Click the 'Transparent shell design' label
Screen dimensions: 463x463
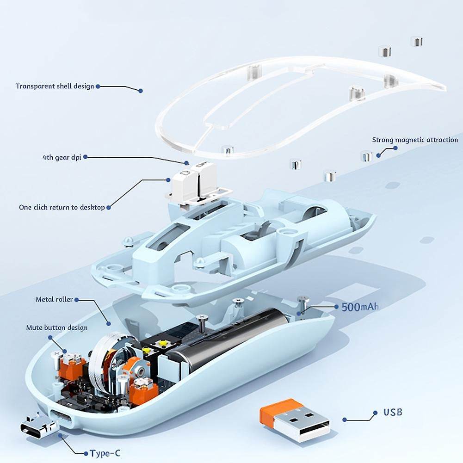pyautogui.click(x=55, y=86)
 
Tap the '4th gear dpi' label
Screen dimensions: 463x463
pyautogui.click(x=62, y=157)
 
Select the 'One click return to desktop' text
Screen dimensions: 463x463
pyautogui.click(x=62, y=207)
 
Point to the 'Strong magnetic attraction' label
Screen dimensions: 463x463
pyautogui.click(x=415, y=140)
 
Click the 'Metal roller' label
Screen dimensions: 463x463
pyautogui.click(x=54, y=299)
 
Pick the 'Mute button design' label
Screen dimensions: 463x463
pyautogui.click(x=57, y=328)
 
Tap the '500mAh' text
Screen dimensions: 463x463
pyautogui.click(x=360, y=307)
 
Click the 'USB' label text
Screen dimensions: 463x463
pyautogui.click(x=393, y=412)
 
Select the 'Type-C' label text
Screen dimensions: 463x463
pyautogui.click(x=105, y=453)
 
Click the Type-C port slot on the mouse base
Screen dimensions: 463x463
pyautogui.click(x=61, y=417)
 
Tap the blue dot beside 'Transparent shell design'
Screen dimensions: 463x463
pyautogui.click(x=98, y=86)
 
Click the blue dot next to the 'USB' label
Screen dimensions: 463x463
pyautogui.click(x=375, y=413)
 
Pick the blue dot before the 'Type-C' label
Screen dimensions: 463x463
pyautogui.click(x=86, y=453)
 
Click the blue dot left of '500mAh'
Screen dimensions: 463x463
pyautogui.click(x=336, y=307)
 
